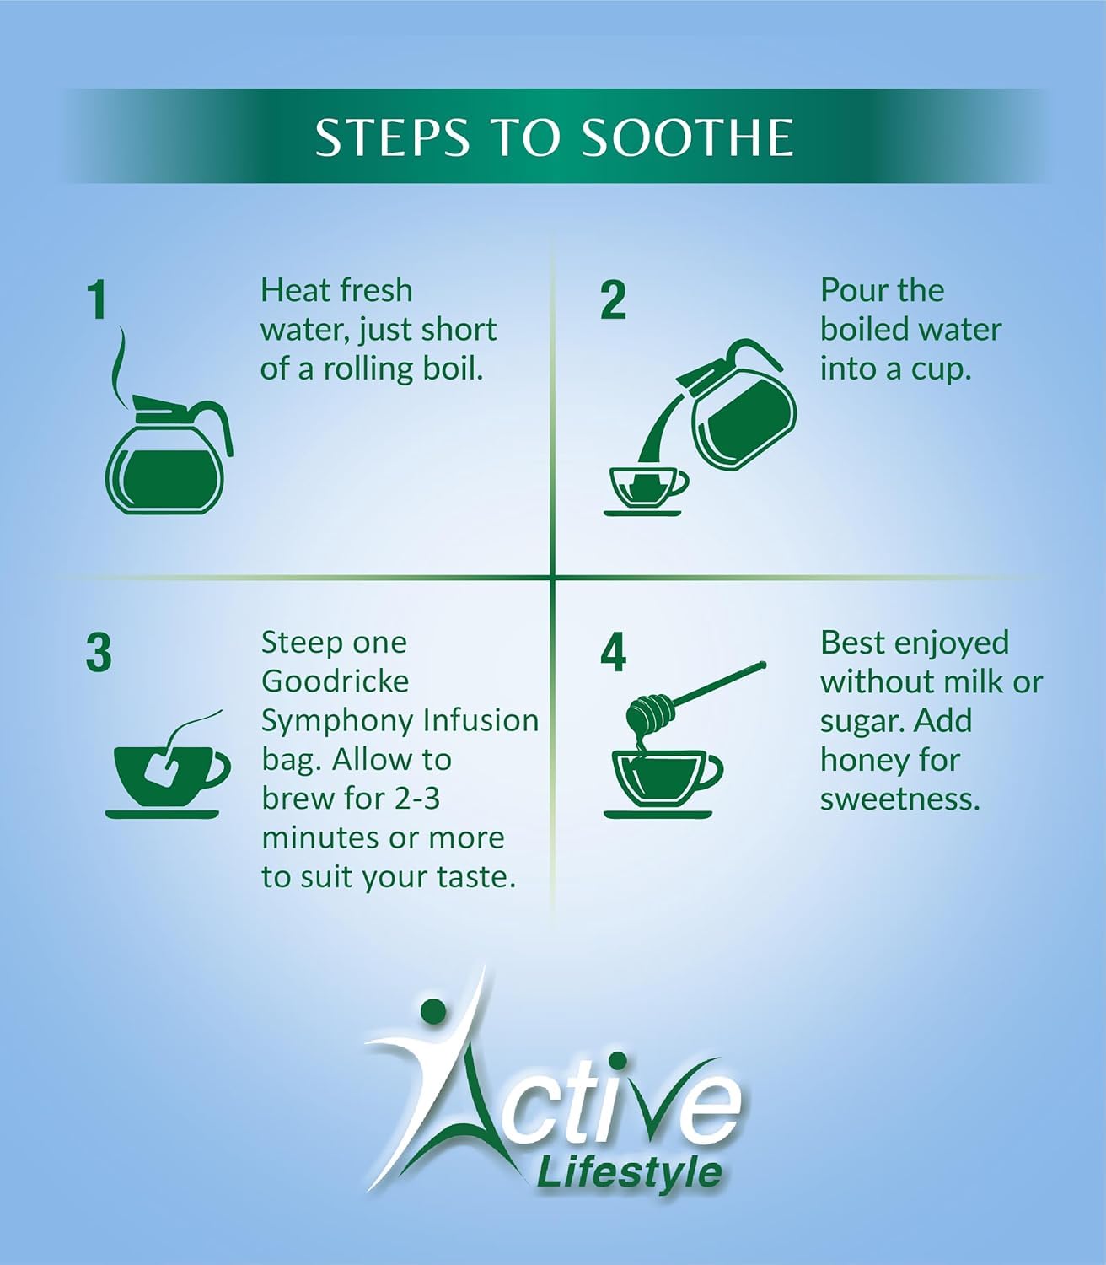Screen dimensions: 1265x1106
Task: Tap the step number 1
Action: coord(99,300)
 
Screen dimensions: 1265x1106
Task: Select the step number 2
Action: coord(614,300)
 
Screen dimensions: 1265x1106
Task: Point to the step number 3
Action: coord(99,653)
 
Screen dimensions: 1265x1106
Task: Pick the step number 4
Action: coord(614,653)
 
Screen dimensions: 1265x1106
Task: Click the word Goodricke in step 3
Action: coord(335,681)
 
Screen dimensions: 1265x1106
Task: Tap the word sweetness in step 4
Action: coord(899,799)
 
